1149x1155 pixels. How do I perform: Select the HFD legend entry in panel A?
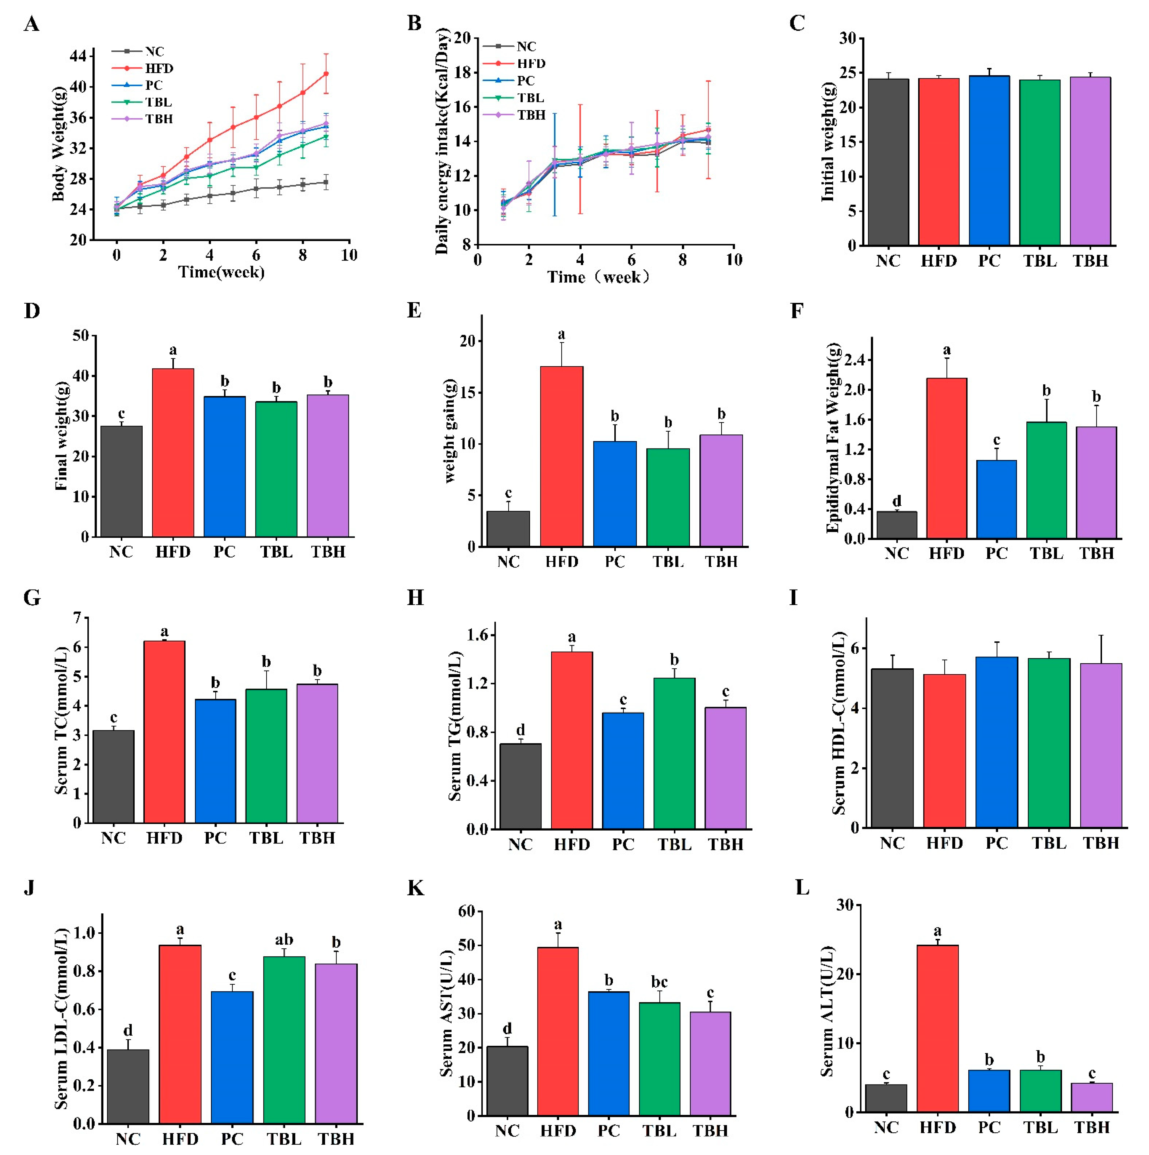pos(158,69)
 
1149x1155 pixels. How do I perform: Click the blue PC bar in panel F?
pos(996,499)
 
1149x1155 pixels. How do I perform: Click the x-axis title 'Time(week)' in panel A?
pos(221,273)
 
